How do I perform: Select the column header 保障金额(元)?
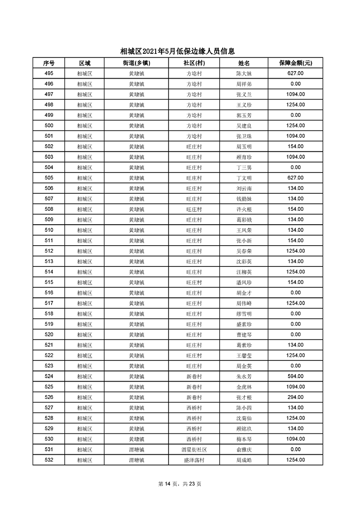point(295,63)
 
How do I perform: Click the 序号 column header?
point(49,63)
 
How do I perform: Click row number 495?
point(49,73)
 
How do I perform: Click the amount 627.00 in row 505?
point(295,178)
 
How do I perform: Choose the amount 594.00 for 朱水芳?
point(295,376)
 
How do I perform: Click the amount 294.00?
point(295,397)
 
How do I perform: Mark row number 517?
point(49,303)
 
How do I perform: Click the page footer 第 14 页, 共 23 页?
point(180,484)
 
